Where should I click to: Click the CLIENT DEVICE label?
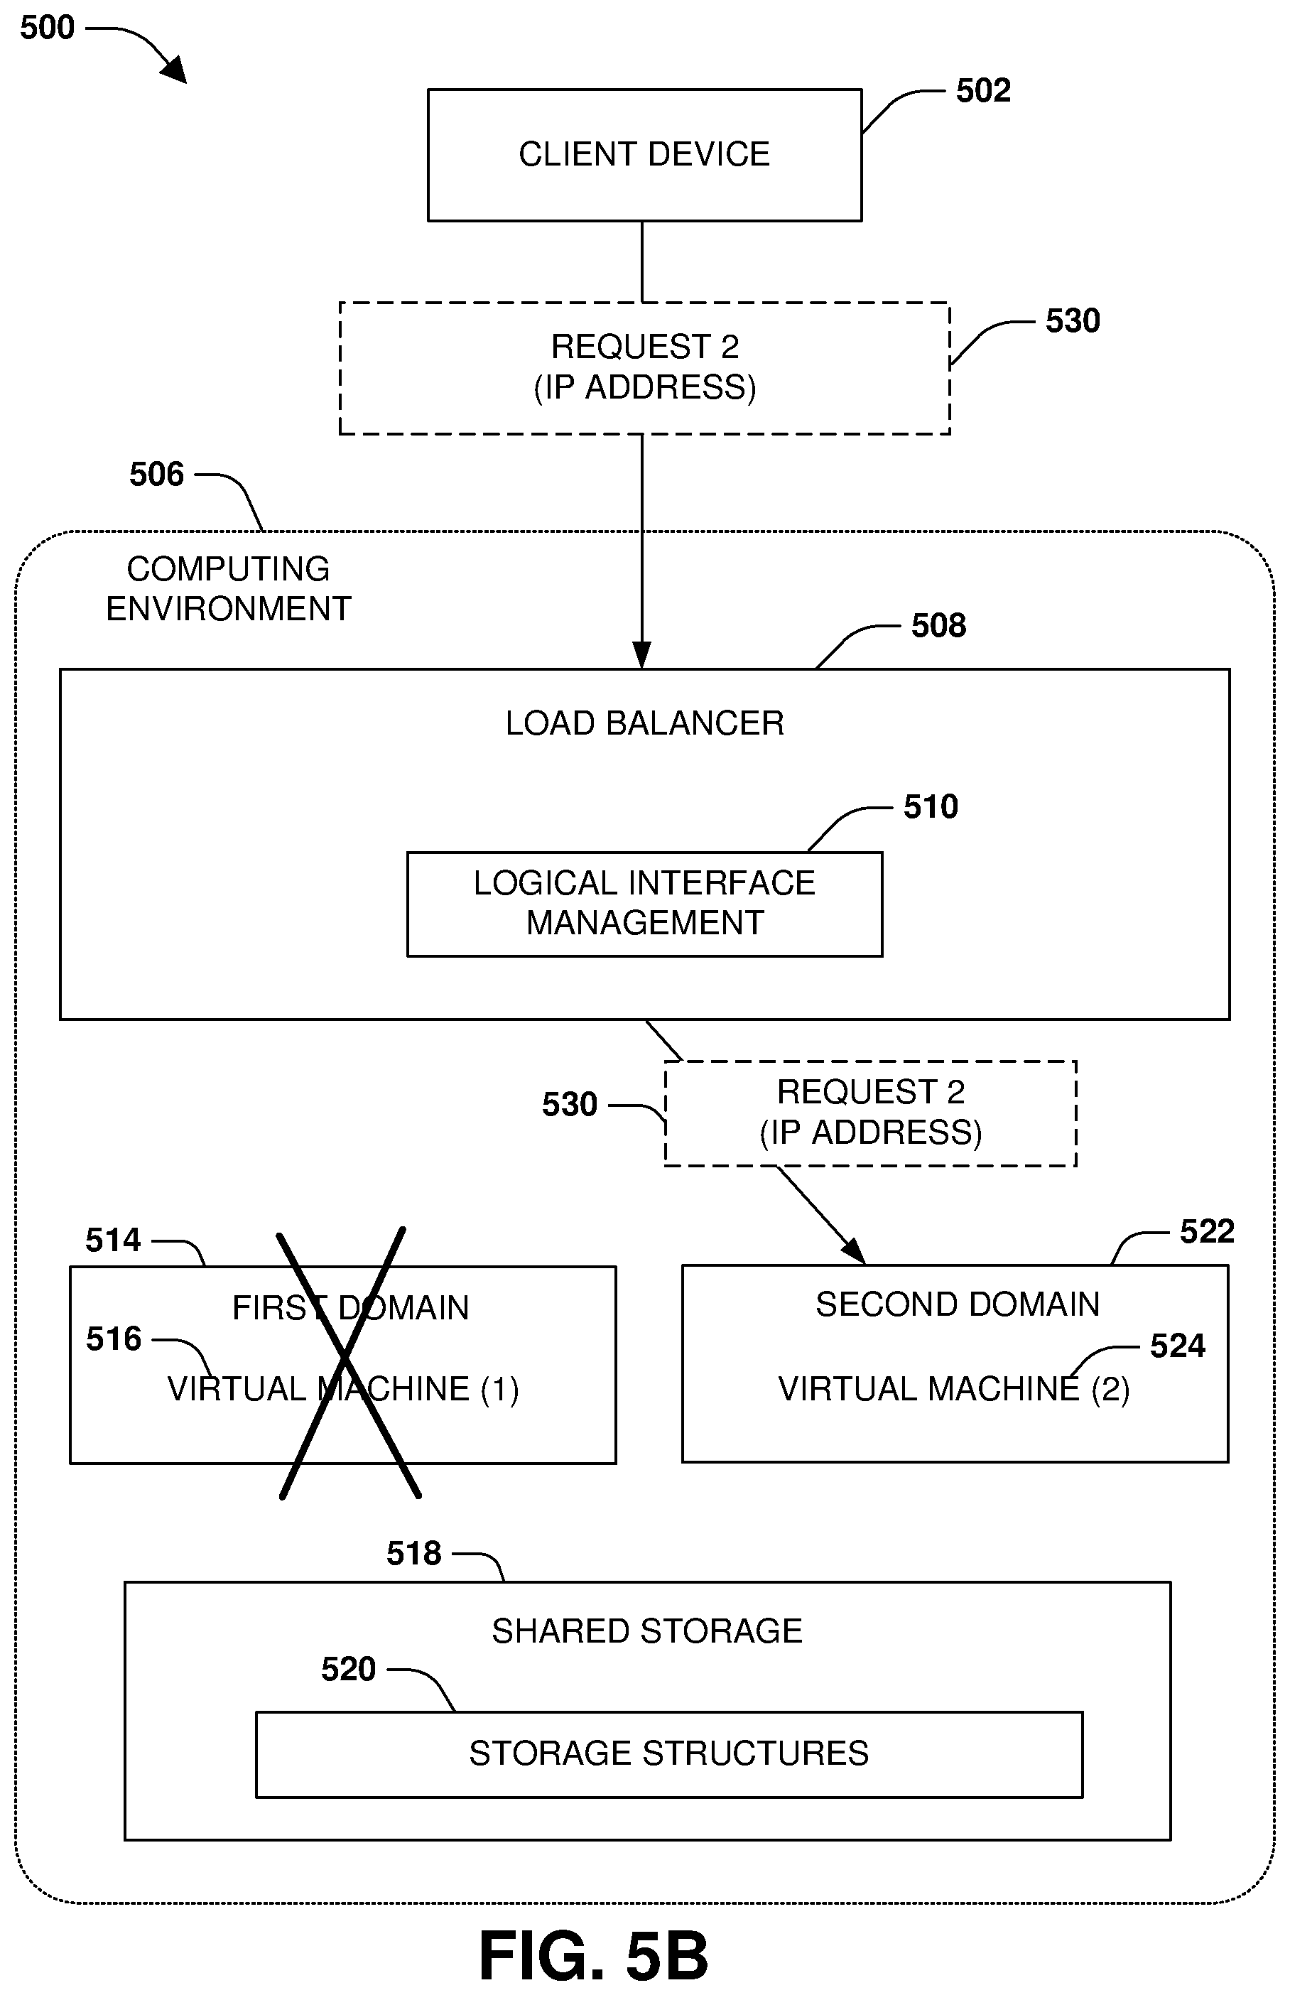pos(644,154)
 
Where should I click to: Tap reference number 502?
pos(982,90)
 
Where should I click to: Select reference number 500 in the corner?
pos(47,28)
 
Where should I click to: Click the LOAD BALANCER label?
pos(644,723)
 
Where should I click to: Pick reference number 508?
pos(938,626)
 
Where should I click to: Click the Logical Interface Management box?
pos(644,904)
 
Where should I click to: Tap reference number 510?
pos(930,806)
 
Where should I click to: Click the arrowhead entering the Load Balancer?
pos(641,656)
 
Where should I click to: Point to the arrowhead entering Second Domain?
pos(855,1252)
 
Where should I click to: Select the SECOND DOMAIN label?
pos(957,1304)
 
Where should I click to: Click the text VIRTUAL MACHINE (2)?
pos(953,1389)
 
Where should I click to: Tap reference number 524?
pos(1177,1346)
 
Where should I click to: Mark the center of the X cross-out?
pos(346,1357)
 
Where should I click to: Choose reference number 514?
pos(113,1240)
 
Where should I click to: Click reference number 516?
pos(113,1339)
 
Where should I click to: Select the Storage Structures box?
pos(668,1753)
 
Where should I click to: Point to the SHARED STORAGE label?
pos(646,1631)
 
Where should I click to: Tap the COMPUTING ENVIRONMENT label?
pos(228,589)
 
